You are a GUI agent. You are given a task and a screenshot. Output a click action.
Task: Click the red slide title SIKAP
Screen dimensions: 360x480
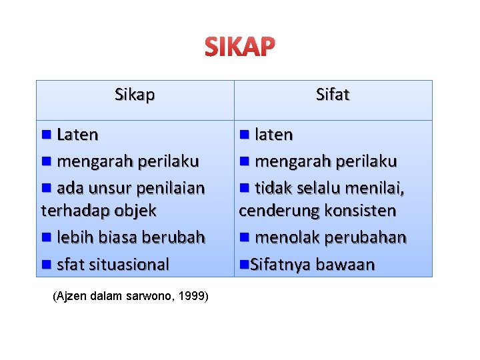pos(239,47)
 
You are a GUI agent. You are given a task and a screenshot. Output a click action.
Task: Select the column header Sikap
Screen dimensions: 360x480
pos(135,95)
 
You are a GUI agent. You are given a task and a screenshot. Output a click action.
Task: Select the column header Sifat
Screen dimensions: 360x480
pos(333,95)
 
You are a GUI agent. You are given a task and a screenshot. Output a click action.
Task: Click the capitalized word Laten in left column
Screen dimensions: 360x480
pos(77,135)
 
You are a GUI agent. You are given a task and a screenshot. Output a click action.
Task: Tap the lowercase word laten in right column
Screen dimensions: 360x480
pos(274,135)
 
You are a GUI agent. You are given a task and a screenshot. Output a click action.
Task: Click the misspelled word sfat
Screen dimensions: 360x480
pos(70,264)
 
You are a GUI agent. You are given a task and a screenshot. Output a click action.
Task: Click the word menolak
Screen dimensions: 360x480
pos(285,237)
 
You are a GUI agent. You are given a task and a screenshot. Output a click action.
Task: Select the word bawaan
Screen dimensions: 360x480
pos(345,264)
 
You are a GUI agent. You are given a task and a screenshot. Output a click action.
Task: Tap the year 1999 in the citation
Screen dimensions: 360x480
pos(192,296)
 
